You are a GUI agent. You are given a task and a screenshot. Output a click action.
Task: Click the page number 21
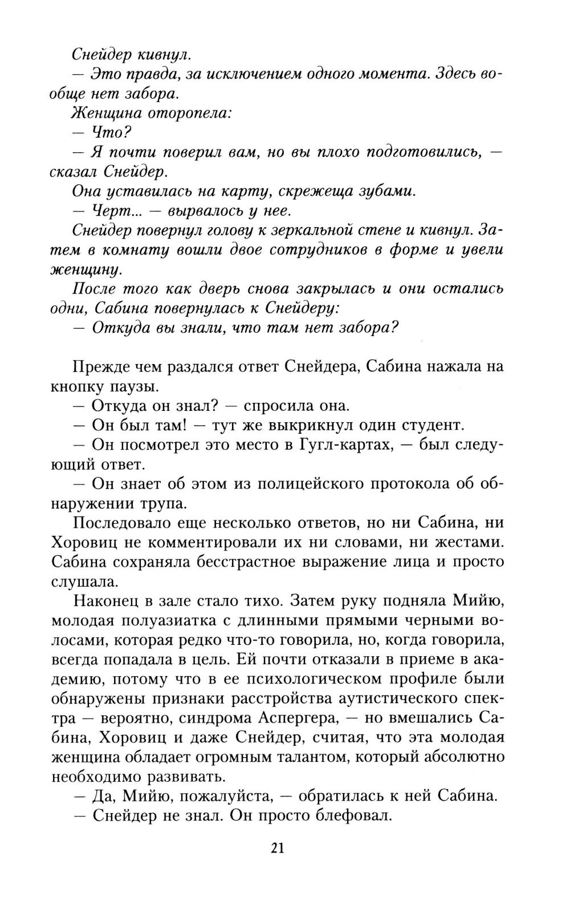point(278,847)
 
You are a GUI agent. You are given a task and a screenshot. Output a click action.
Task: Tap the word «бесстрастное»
point(255,561)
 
